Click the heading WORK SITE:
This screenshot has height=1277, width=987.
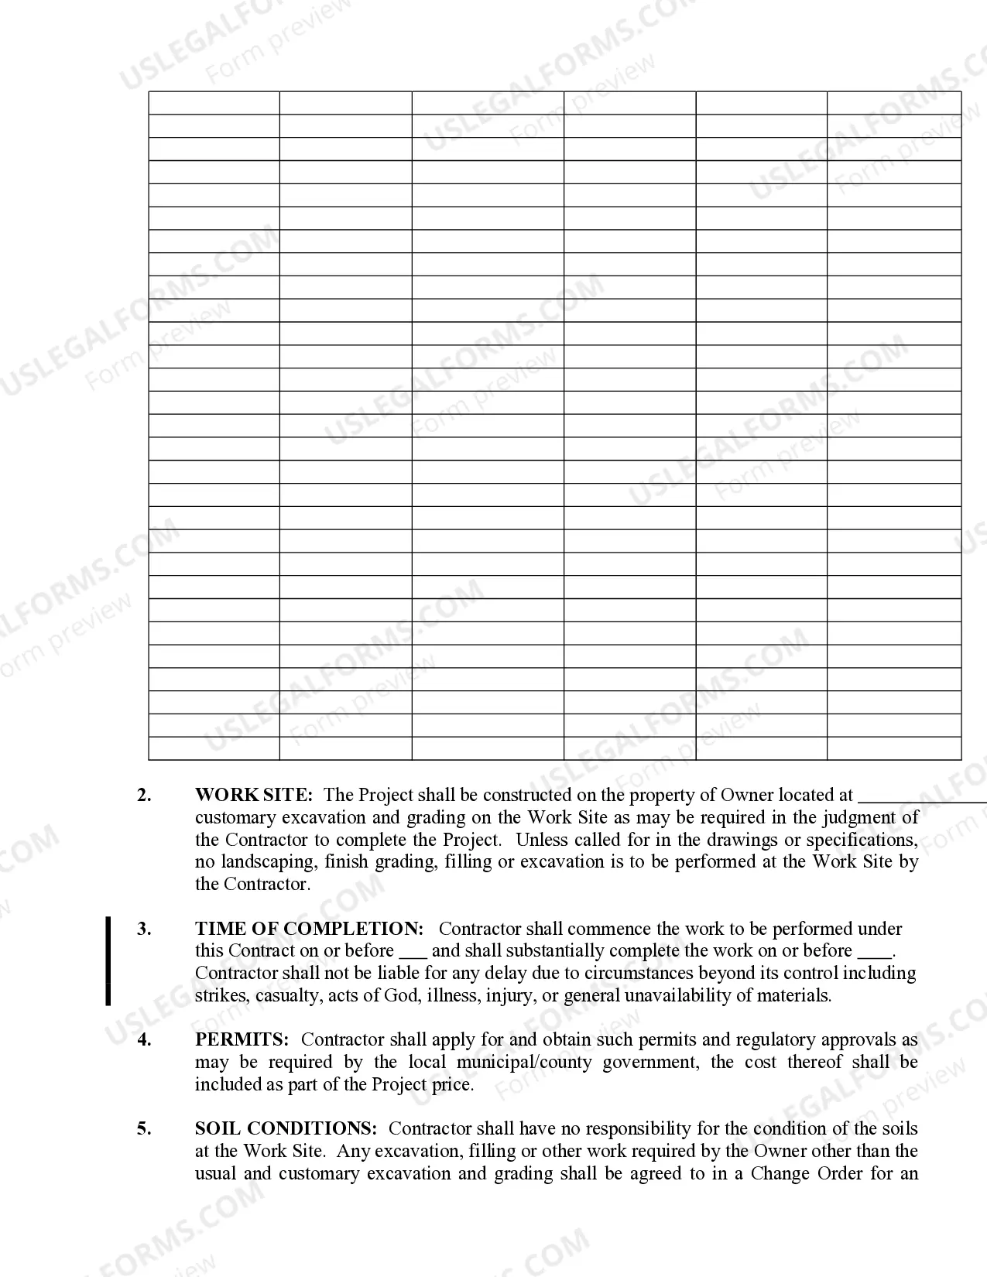click(254, 795)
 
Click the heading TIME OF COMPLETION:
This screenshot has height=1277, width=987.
click(309, 929)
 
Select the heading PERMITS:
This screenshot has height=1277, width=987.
click(242, 1039)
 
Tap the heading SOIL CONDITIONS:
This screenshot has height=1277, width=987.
click(286, 1128)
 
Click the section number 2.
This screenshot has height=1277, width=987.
click(144, 795)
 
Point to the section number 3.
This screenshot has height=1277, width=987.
click(144, 929)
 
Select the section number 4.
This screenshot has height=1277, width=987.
click(144, 1039)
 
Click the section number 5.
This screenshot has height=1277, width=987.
click(144, 1128)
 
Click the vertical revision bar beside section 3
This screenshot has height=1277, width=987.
click(108, 961)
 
